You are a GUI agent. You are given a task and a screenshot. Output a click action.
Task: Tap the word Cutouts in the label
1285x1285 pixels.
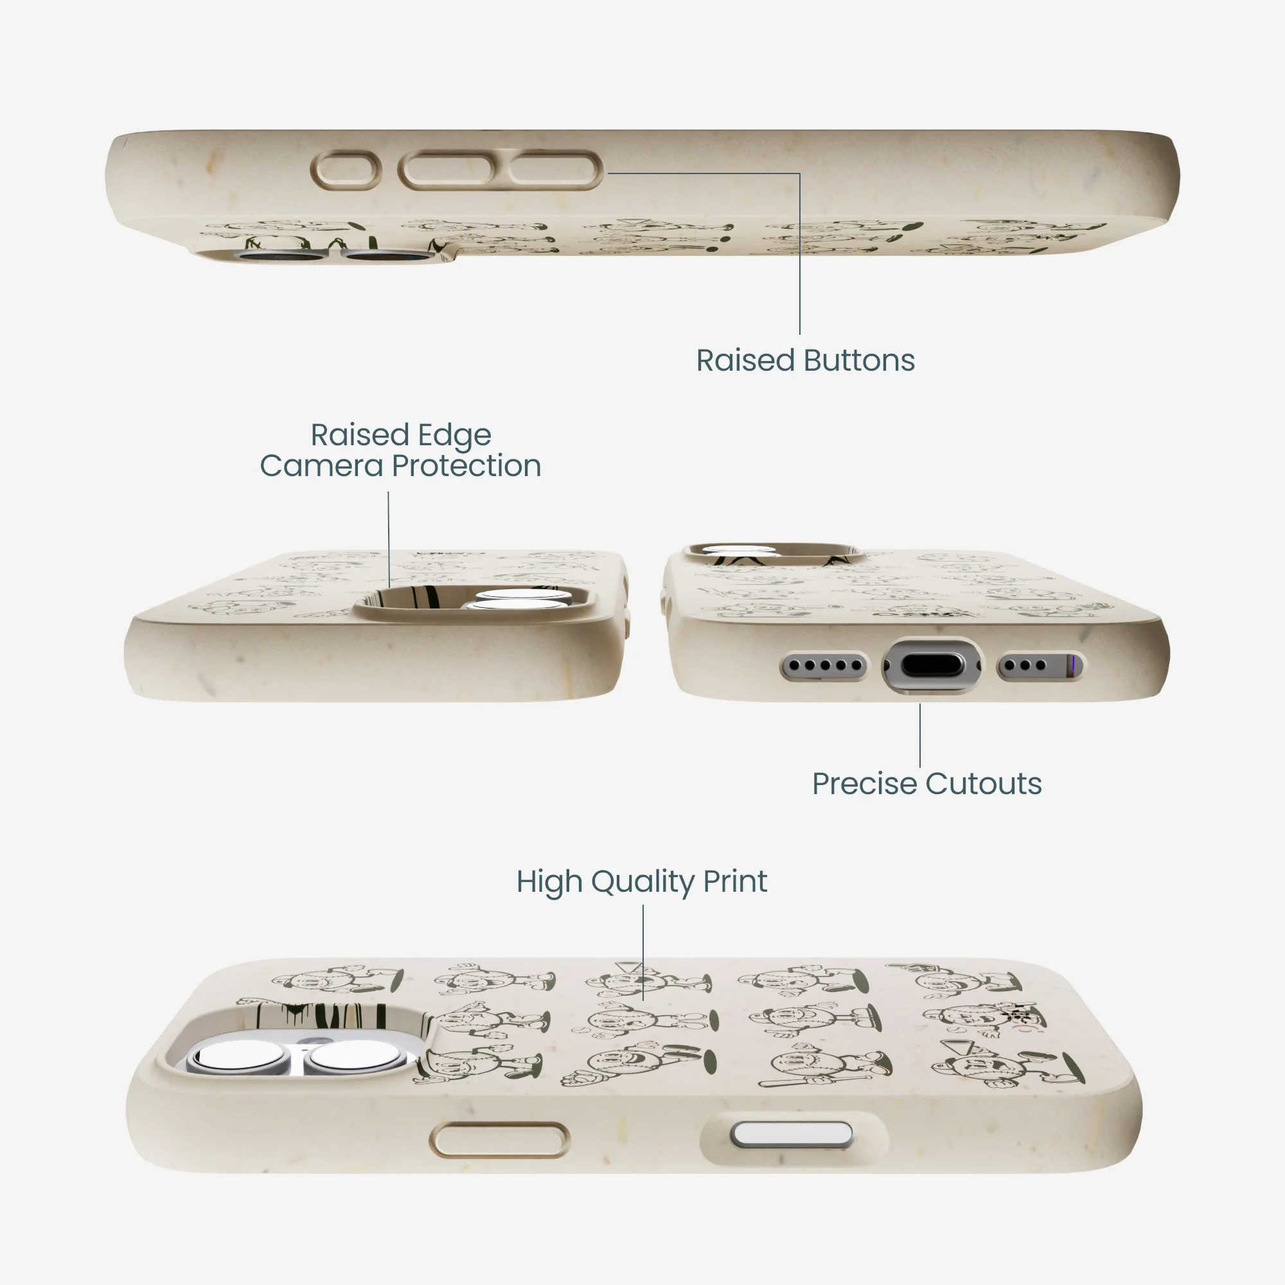point(984,783)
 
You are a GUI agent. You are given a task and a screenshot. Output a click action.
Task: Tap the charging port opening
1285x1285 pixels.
point(932,664)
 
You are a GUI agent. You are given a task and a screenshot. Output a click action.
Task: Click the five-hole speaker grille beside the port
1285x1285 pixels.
point(824,665)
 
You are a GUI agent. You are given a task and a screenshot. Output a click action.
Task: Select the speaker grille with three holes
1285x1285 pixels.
point(1039,665)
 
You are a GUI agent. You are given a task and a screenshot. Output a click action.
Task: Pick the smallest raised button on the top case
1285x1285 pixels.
point(346,170)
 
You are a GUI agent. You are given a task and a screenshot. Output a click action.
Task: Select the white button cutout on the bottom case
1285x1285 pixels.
point(792,1135)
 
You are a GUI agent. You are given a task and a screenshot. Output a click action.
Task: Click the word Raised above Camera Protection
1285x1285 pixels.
point(360,435)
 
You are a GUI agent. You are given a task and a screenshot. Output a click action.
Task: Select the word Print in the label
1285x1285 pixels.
point(735,882)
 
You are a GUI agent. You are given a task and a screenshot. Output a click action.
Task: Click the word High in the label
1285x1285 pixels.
point(550,883)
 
